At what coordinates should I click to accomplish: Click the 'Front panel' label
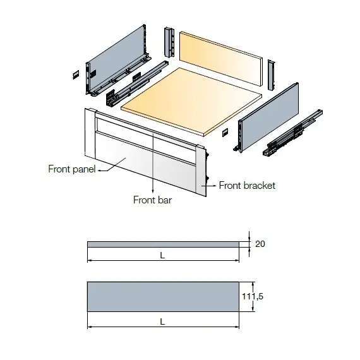(x=72, y=169)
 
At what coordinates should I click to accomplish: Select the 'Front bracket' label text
(x=247, y=186)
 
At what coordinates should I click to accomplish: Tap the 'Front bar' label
(x=152, y=200)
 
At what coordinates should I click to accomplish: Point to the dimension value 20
(x=260, y=244)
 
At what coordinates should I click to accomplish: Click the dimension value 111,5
(x=253, y=296)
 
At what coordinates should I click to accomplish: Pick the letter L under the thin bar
(x=162, y=255)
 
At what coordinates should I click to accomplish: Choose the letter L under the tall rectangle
(x=162, y=321)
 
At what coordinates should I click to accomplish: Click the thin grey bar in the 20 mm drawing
(x=163, y=244)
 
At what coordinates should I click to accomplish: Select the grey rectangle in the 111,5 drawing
(x=163, y=297)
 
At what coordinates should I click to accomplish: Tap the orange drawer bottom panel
(x=191, y=102)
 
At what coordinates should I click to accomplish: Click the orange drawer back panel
(x=221, y=59)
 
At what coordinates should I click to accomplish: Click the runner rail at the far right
(x=292, y=133)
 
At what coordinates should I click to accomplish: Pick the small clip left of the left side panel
(x=76, y=75)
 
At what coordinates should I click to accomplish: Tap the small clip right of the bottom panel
(x=225, y=133)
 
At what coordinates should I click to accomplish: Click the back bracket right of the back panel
(x=272, y=75)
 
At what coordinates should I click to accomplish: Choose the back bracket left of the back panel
(x=169, y=42)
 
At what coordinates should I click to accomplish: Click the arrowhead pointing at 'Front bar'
(x=153, y=191)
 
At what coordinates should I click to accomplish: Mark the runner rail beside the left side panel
(x=137, y=83)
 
